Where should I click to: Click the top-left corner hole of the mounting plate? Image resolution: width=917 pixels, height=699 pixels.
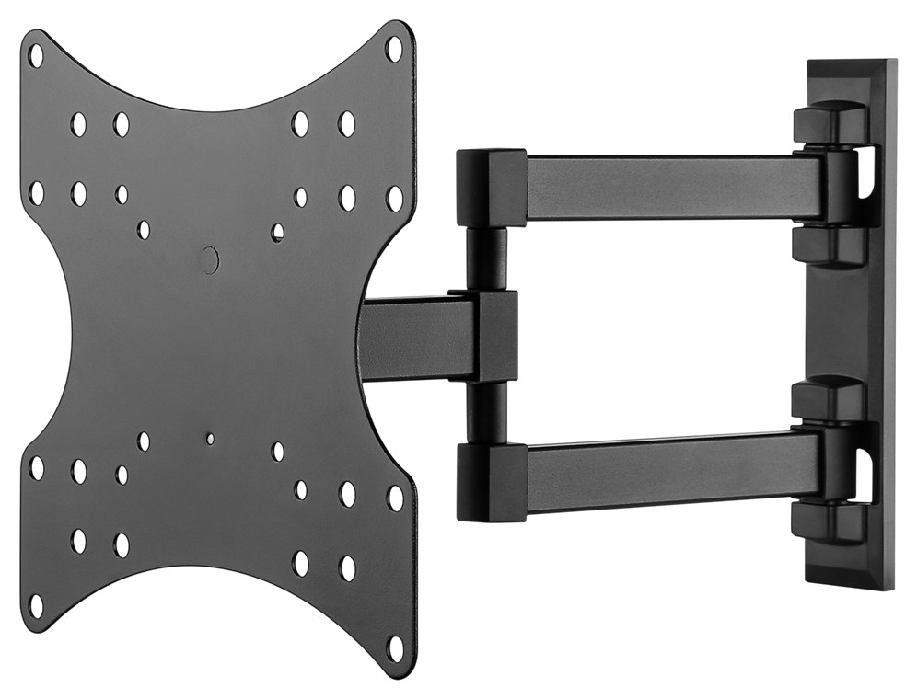(x=36, y=55)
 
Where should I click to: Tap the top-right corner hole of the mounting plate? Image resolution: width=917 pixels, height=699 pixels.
(x=394, y=49)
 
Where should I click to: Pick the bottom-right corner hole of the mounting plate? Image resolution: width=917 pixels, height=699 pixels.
(x=395, y=647)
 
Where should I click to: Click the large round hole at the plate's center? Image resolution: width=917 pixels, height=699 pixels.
(x=209, y=260)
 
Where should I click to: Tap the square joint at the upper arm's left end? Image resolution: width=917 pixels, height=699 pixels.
(x=491, y=188)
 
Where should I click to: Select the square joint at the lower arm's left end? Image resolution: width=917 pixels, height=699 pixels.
(x=491, y=482)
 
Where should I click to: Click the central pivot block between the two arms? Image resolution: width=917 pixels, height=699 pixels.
(x=495, y=336)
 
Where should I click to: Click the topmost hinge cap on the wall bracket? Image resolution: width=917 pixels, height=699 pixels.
(x=828, y=123)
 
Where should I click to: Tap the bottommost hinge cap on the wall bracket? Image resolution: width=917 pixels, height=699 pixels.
(x=828, y=522)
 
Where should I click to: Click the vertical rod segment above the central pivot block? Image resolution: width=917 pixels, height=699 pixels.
(x=486, y=259)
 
